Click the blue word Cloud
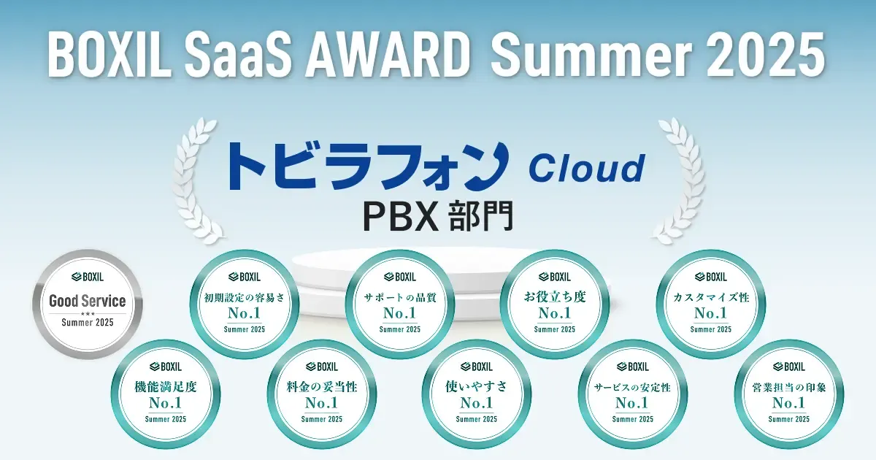[586, 169]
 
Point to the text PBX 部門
[438, 216]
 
